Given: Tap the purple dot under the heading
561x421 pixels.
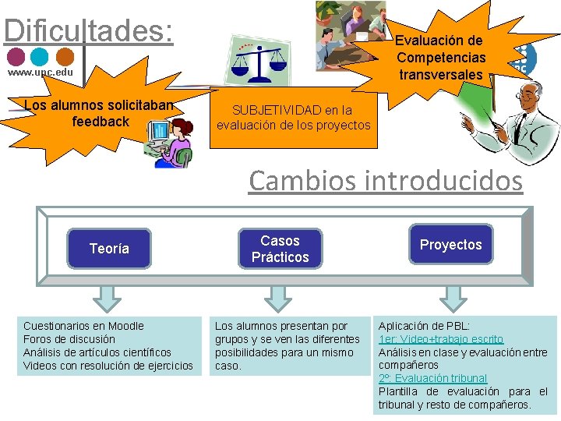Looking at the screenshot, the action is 16,57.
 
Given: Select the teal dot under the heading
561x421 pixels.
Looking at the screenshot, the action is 40,57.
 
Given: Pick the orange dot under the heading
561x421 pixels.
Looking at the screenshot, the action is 65,57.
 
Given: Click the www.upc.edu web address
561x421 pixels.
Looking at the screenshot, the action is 41,73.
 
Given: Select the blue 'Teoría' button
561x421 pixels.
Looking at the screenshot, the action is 109,249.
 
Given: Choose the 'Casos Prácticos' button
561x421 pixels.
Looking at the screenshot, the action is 280,249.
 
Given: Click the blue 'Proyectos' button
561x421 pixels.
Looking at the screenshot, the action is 450,245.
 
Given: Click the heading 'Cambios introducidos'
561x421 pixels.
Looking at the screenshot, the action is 386,181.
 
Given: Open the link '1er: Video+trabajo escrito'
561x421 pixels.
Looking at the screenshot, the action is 441,339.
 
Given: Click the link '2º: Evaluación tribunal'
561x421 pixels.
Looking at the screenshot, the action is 432,378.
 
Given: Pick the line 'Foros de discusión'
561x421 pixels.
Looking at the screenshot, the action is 69,339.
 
